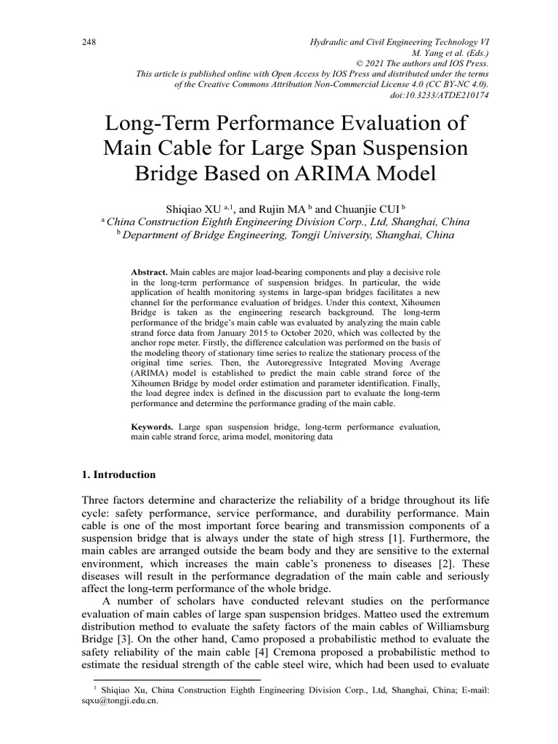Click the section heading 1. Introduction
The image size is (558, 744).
click(118, 474)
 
